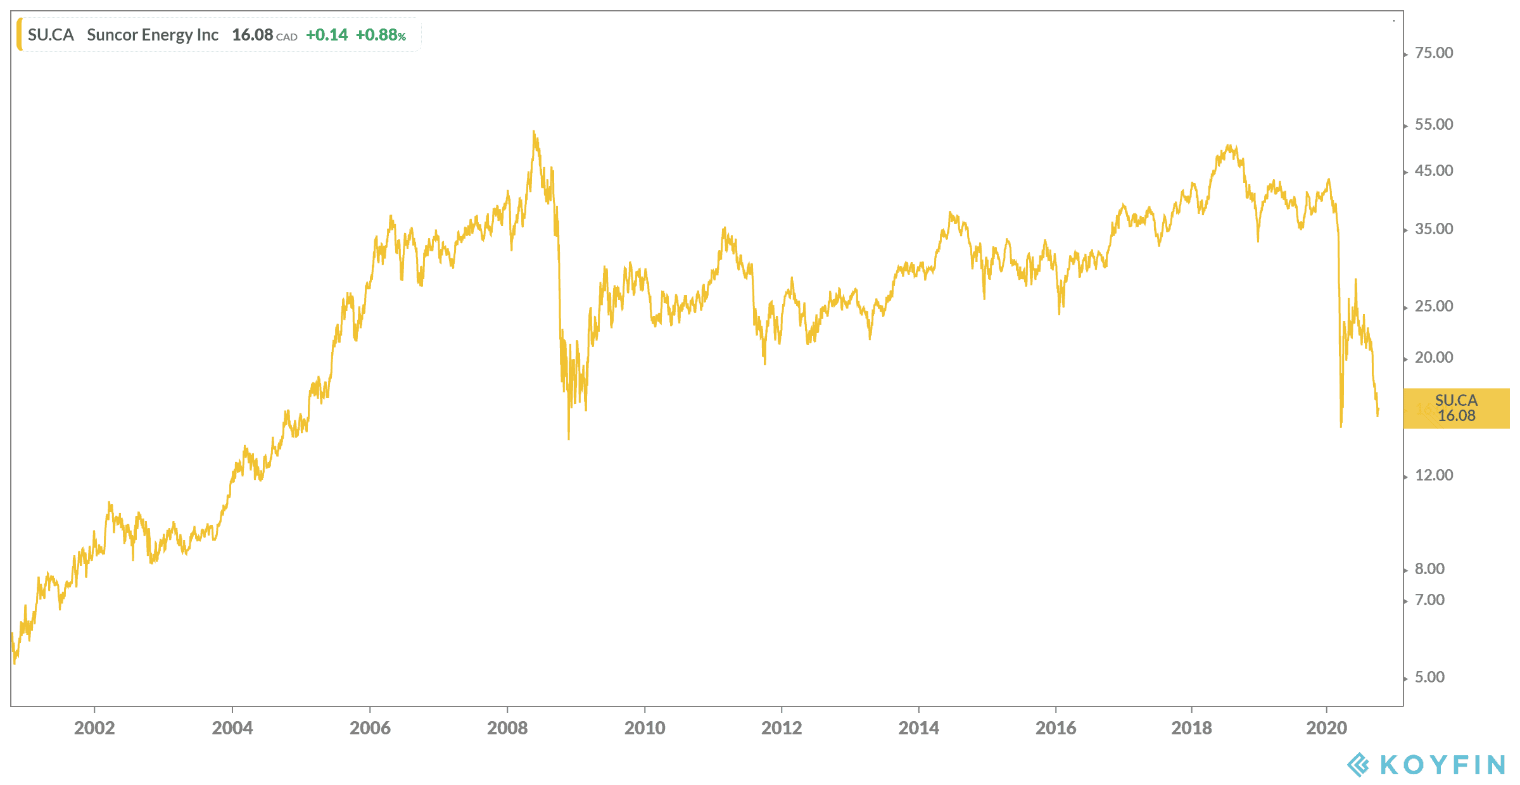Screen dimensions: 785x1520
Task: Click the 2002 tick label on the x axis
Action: [x=94, y=728]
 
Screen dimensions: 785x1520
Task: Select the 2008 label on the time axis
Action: [x=507, y=728]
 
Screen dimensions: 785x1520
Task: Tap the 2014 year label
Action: [x=918, y=728]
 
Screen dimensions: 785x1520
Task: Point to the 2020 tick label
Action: [x=1326, y=728]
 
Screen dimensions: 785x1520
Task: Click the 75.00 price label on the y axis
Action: [x=1434, y=53]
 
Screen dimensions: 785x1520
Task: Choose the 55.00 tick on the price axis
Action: [x=1434, y=125]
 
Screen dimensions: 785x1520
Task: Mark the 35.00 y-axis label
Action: [x=1434, y=229]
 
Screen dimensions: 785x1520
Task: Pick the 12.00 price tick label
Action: [x=1434, y=475]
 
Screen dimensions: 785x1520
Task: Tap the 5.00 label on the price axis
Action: [x=1429, y=677]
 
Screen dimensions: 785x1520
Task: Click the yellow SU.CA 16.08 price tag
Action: [x=1456, y=408]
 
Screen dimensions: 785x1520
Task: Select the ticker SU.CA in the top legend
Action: [x=51, y=35]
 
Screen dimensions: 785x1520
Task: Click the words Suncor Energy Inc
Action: [x=153, y=35]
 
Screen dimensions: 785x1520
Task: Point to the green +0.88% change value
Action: [x=381, y=35]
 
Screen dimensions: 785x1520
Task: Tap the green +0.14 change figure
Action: [x=327, y=35]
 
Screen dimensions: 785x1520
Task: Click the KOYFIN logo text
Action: [x=1442, y=765]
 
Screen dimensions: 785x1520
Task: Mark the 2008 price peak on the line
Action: [x=534, y=132]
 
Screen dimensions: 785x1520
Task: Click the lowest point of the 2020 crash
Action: [x=1341, y=426]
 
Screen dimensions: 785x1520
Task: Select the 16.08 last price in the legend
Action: [x=252, y=35]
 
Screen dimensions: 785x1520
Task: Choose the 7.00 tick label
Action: [x=1429, y=600]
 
